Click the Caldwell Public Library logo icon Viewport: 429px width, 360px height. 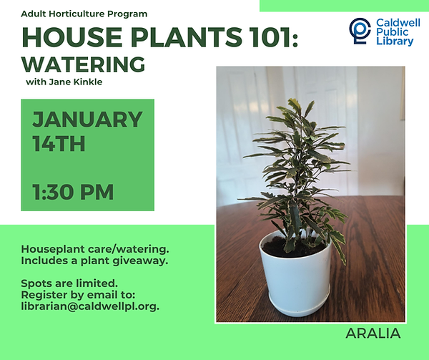pos(360,30)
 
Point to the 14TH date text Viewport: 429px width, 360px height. pos(59,144)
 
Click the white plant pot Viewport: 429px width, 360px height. pos(293,276)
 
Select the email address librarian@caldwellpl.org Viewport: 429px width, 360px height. pos(90,306)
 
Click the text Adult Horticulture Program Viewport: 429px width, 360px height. pos(84,14)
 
